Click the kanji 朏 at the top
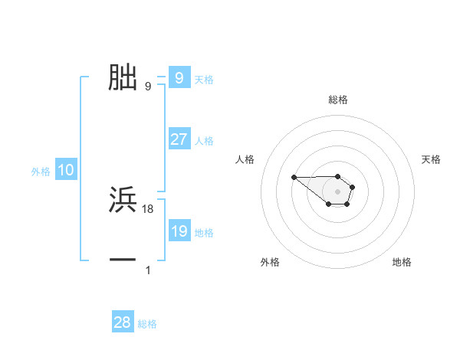(123, 77)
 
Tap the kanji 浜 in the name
(123, 200)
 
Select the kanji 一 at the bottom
(123, 260)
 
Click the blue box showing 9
(179, 78)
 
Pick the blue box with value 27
(179, 139)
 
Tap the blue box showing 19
(179, 231)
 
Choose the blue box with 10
(66, 171)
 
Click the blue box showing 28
(123, 322)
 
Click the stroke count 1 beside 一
(148, 270)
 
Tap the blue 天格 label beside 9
(204, 80)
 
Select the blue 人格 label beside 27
(204, 141)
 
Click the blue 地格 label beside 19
(204, 233)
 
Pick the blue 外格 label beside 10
(41, 172)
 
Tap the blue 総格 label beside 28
(147, 324)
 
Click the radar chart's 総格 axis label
(337, 100)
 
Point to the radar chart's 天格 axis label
(432, 159)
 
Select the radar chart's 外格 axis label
(270, 262)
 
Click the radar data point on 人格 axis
(294, 178)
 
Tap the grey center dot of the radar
(337, 191)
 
